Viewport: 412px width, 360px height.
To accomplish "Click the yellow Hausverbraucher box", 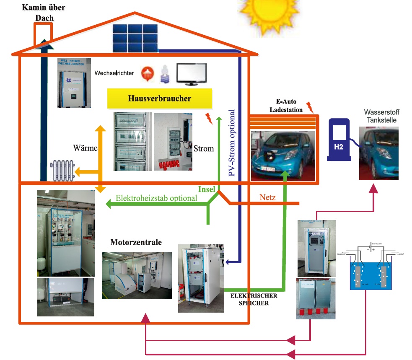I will click(159, 99).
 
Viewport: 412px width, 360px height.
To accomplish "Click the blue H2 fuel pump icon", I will click(339, 139).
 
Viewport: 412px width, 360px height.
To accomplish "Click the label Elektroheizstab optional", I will click(156, 198).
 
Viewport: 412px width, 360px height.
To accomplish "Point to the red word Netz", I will click(268, 197).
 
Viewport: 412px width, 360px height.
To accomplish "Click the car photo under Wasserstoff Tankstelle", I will click(379, 153).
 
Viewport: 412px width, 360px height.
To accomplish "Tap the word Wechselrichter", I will click(114, 73).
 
